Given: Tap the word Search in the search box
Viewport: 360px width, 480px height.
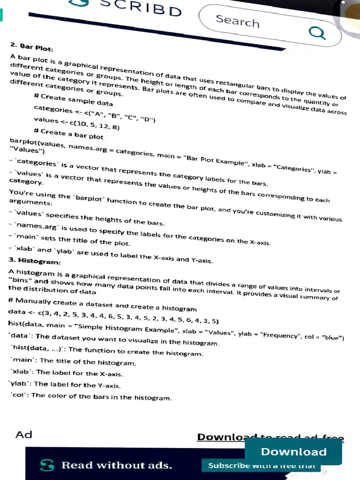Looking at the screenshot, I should [x=237, y=21].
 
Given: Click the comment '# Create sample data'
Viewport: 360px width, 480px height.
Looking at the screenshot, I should [x=73, y=99].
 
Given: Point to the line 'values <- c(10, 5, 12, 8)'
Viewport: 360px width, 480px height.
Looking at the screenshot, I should [x=76, y=123].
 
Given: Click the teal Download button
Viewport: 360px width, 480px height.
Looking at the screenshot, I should [x=293, y=452].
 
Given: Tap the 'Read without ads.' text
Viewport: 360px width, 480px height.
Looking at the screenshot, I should [x=117, y=465].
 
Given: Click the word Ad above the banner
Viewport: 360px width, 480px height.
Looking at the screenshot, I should [x=24, y=435].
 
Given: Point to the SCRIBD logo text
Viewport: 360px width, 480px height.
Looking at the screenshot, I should [x=141, y=8].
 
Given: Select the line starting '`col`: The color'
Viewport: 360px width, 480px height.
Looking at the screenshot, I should [x=91, y=397].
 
